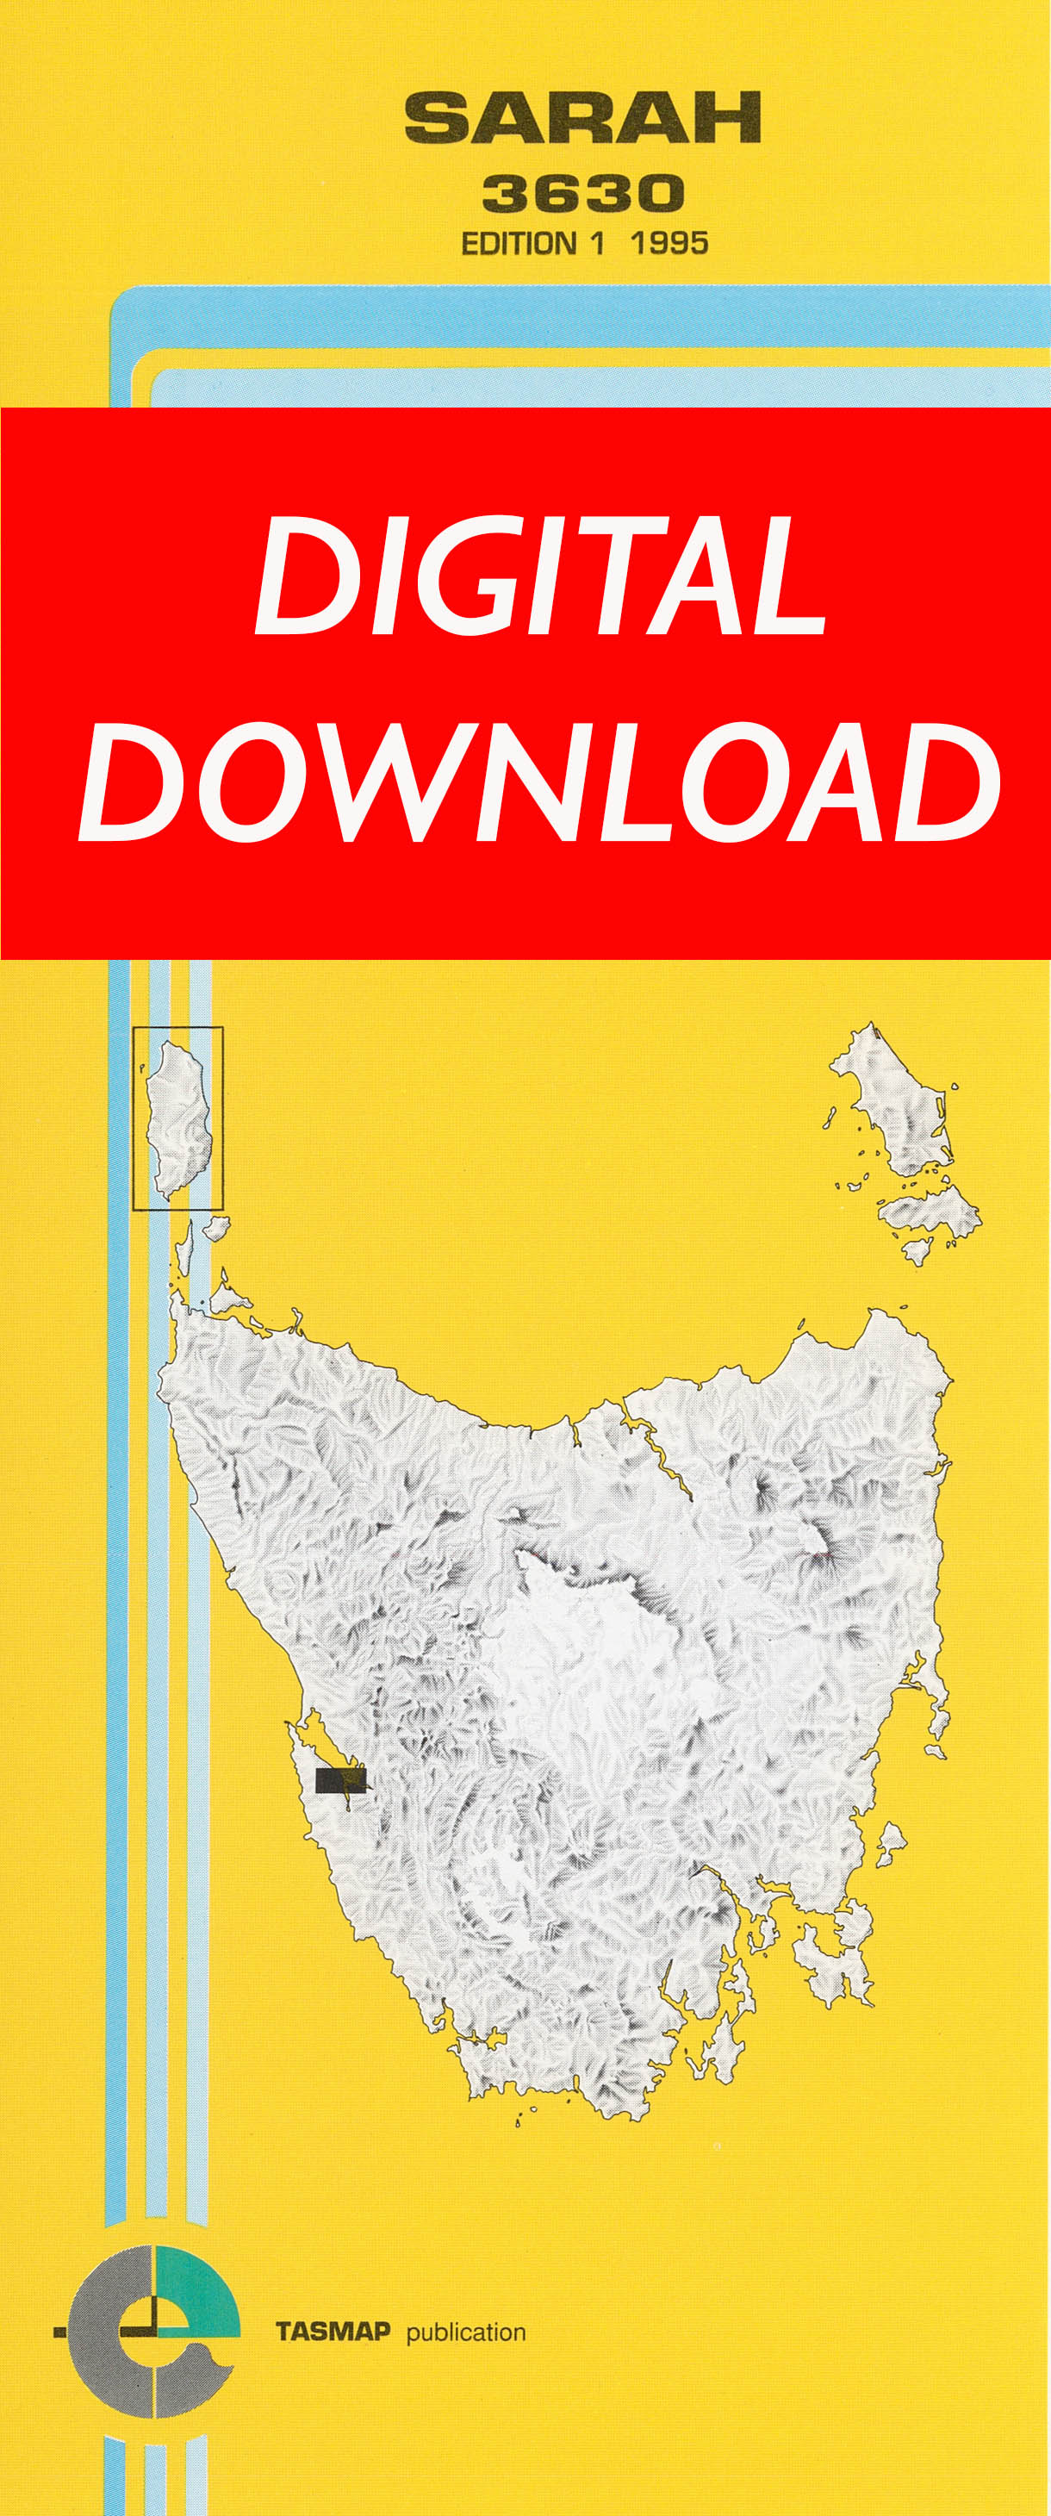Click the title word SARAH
pos(582,118)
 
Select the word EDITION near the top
pos(519,243)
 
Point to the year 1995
pos(669,243)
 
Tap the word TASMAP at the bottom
pos(333,2332)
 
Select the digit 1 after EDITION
pos(597,243)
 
